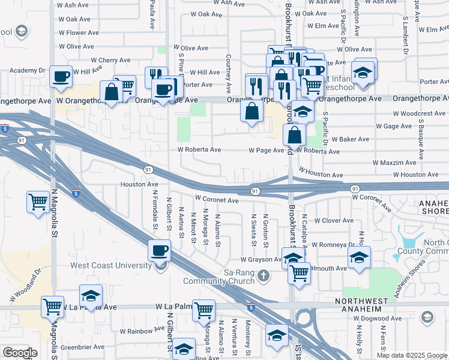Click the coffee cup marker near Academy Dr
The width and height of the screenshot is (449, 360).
tap(61, 76)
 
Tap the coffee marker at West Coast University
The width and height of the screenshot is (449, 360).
tap(159, 250)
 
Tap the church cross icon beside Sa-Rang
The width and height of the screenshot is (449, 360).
tap(264, 276)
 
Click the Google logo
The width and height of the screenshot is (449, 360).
tap(20, 353)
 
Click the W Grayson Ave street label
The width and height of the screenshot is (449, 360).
tap(261, 260)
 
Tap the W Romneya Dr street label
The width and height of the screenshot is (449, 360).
tap(333, 245)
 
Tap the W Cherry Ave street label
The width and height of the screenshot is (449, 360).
tap(110, 60)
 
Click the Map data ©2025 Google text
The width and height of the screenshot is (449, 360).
tap(412, 355)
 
